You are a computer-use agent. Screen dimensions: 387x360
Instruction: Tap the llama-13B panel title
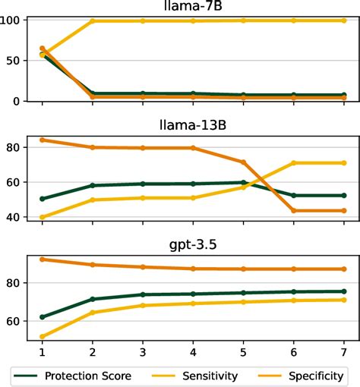tap(193, 124)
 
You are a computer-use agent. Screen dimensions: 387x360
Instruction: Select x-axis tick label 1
tap(42, 353)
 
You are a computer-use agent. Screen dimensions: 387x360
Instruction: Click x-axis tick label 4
tap(193, 353)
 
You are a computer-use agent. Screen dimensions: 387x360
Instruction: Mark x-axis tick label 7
tap(343, 353)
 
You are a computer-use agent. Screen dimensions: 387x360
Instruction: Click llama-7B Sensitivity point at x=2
tap(93, 21)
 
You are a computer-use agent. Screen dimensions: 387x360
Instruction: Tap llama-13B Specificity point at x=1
tap(42, 140)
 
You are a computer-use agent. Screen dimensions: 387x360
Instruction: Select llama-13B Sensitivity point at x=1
tap(42, 217)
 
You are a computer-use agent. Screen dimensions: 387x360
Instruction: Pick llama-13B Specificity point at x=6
tap(293, 210)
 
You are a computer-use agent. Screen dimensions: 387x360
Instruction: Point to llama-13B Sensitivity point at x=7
tap(343, 162)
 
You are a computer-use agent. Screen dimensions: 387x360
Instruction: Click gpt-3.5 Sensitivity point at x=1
tap(42, 336)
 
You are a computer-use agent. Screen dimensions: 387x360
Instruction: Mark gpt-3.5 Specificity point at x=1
tap(42, 260)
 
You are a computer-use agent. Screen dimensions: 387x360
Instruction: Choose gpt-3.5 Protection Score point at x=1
tap(42, 317)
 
